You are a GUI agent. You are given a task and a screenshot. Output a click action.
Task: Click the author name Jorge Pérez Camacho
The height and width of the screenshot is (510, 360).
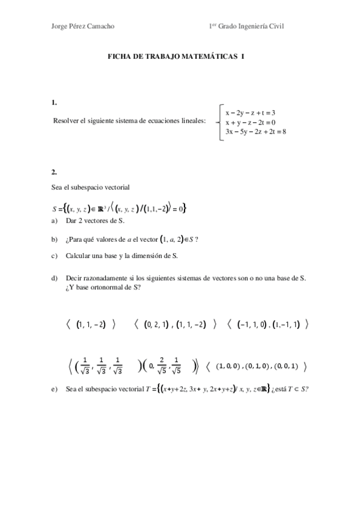84,26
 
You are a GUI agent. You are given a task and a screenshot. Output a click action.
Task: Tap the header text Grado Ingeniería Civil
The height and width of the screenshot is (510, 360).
252,26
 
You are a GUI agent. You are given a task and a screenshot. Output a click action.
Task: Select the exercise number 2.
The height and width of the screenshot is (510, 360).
55,171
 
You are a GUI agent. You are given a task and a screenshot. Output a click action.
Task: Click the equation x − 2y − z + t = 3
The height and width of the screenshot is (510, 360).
250,112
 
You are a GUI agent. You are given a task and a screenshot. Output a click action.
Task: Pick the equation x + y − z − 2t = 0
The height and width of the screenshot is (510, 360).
250,121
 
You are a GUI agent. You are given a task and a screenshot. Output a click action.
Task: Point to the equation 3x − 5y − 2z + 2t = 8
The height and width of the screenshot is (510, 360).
255,131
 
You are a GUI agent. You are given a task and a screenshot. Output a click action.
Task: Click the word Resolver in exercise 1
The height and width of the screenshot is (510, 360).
67,121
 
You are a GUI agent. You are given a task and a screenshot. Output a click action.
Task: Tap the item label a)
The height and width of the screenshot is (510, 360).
55,221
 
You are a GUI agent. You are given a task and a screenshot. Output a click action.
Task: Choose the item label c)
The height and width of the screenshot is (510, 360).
55,255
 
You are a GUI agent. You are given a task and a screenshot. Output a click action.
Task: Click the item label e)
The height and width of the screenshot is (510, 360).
55,390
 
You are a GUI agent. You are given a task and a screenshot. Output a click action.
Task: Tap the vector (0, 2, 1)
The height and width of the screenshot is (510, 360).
158,324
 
